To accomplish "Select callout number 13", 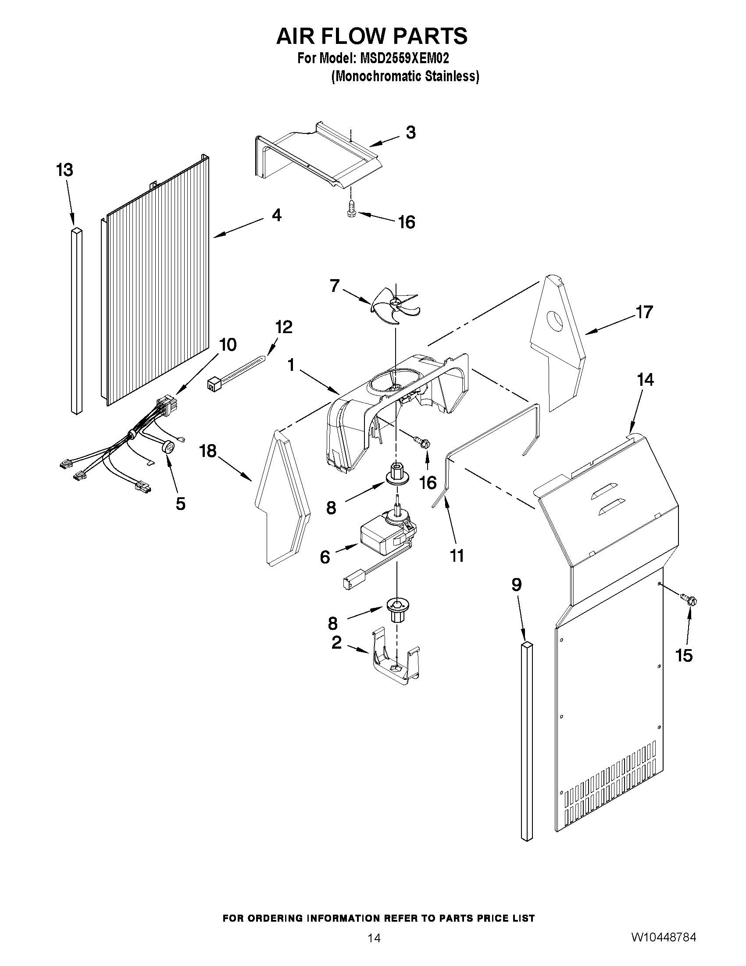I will coord(64,170).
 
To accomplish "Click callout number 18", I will coord(208,451).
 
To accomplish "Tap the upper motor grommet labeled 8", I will coord(396,473).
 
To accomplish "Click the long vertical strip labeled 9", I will coord(527,739).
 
